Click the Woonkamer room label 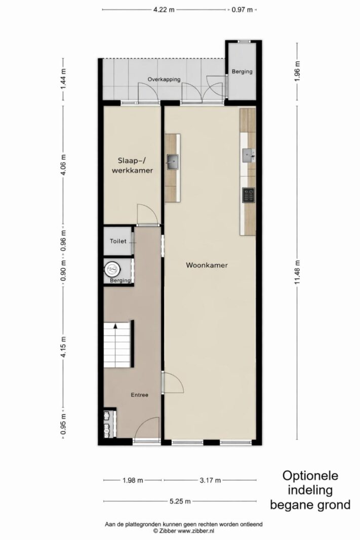click(207, 265)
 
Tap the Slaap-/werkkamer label click(132, 165)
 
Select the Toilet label click(118, 241)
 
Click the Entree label click(140, 395)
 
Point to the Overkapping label click(164, 79)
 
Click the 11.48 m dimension click(297, 272)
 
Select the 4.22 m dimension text click(164, 10)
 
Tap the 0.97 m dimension click(242, 10)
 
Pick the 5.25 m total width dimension click(180, 501)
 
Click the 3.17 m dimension click(210, 480)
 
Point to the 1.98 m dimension click(133, 480)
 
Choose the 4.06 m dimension click(63, 165)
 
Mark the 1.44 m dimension click(63, 79)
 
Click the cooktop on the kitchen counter click(249, 195)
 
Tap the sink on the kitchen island click(173, 162)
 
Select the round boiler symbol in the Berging click(112, 269)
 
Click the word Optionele click(310, 476)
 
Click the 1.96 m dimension click(297, 71)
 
